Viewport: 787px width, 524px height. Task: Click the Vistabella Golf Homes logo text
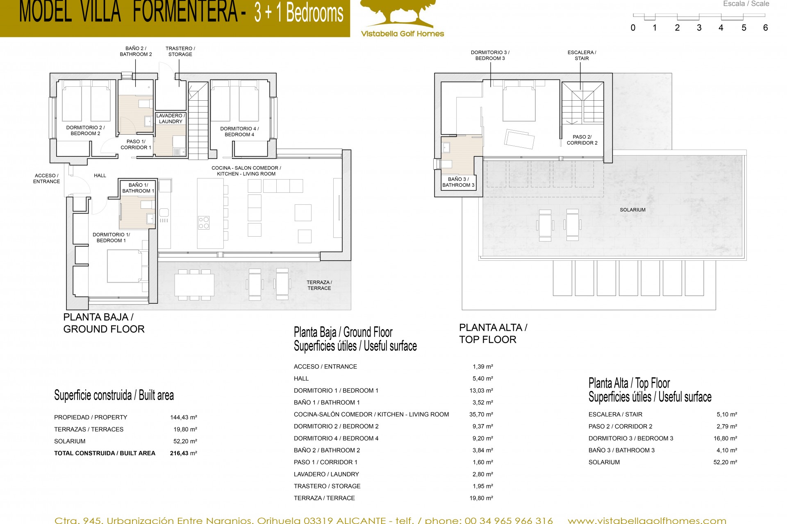point(402,34)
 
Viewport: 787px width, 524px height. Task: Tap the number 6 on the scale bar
point(765,28)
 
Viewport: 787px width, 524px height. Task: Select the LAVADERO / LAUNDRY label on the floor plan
point(171,119)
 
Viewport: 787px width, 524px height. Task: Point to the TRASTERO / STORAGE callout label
point(180,51)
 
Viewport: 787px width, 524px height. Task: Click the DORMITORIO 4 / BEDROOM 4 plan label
point(239,131)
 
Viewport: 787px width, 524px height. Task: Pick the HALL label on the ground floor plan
point(100,176)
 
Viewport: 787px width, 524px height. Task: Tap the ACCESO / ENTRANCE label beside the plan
point(46,178)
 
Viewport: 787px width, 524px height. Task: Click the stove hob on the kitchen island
point(204,222)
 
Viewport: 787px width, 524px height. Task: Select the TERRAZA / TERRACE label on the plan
point(319,285)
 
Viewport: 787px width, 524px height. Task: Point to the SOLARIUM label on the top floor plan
point(632,210)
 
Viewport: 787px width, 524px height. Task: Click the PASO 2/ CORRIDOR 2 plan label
point(582,140)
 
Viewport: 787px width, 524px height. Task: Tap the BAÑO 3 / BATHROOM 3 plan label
point(458,182)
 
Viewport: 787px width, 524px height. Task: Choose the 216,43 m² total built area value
point(183,453)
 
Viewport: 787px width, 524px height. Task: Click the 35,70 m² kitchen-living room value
point(481,414)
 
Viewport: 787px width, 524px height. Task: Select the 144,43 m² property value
point(183,417)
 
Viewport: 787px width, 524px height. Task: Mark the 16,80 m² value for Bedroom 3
point(725,438)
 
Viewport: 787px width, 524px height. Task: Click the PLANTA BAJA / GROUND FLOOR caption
point(104,323)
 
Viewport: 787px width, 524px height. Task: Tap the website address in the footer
point(647,520)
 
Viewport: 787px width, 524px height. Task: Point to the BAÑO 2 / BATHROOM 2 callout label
point(136,51)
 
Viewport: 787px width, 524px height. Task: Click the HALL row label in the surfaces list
point(301,379)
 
